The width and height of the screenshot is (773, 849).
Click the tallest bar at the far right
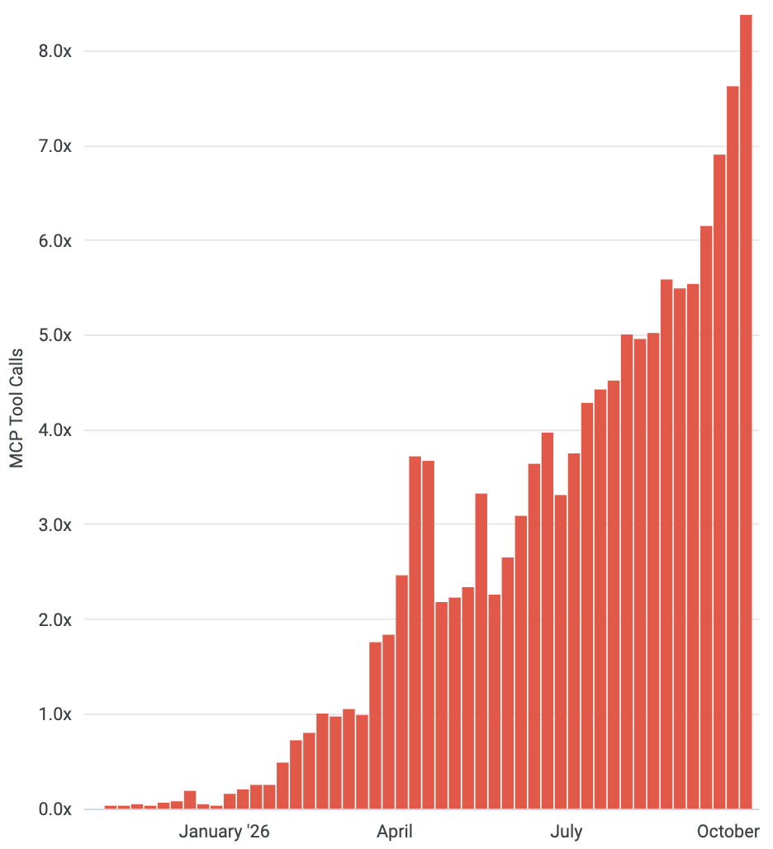[746, 411]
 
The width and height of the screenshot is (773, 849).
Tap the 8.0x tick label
[55, 51]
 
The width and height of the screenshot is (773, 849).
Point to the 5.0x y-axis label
[55, 335]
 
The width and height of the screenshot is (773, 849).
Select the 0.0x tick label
[55, 809]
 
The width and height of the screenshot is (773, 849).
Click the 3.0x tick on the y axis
[55, 524]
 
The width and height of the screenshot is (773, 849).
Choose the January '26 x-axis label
[224, 831]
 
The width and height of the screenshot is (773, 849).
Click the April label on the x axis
[395, 831]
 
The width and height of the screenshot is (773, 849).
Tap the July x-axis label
[567, 831]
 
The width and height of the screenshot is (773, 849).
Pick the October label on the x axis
[728, 831]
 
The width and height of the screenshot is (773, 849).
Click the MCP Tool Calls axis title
[17, 408]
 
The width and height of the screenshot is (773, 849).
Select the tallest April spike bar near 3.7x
[415, 633]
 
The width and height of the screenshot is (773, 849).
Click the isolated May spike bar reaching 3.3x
[481, 652]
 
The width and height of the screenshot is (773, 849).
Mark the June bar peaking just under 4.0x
[548, 620]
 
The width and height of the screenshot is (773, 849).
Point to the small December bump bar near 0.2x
[190, 799]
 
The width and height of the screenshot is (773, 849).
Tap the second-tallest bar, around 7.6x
[733, 448]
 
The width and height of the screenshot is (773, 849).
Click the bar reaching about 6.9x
[719, 481]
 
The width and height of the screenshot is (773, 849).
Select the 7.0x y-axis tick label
[55, 145]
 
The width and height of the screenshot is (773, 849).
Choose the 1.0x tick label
[55, 714]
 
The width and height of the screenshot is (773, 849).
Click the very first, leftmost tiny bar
[111, 807]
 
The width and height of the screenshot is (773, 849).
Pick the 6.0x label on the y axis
[55, 240]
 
